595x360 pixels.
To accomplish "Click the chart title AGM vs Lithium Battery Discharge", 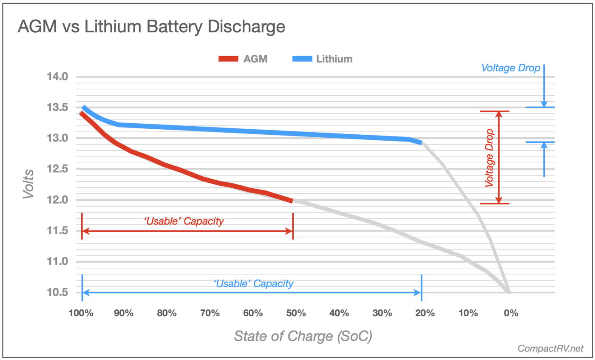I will click(x=151, y=27).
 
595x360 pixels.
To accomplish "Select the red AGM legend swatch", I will click(x=228, y=59).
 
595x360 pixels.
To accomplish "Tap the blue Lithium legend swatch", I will click(x=302, y=59).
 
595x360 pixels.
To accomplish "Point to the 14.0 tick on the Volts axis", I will click(x=58, y=77).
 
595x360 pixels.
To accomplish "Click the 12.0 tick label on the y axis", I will click(x=58, y=200).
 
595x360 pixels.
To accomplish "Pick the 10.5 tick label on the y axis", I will click(x=58, y=292).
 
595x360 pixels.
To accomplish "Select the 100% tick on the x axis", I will click(x=81, y=313).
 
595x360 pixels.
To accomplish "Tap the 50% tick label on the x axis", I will click(x=296, y=313).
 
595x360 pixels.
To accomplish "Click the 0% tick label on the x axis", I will click(x=511, y=313).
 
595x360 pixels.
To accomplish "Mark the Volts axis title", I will click(x=28, y=184).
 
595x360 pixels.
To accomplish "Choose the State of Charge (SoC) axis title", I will click(x=303, y=336).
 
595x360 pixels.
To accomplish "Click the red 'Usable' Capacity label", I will click(x=184, y=221).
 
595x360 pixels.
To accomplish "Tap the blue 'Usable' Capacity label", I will click(x=253, y=283).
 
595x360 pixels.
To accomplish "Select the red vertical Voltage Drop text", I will click(x=490, y=158).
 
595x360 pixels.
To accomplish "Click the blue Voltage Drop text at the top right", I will click(x=510, y=68).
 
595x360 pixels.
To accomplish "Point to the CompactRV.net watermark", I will click(x=550, y=349).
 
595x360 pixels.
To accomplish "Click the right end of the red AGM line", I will click(x=292, y=200).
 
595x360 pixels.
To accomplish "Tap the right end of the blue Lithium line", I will click(x=421, y=143).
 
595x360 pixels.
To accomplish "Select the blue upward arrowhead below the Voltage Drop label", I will click(x=544, y=145).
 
